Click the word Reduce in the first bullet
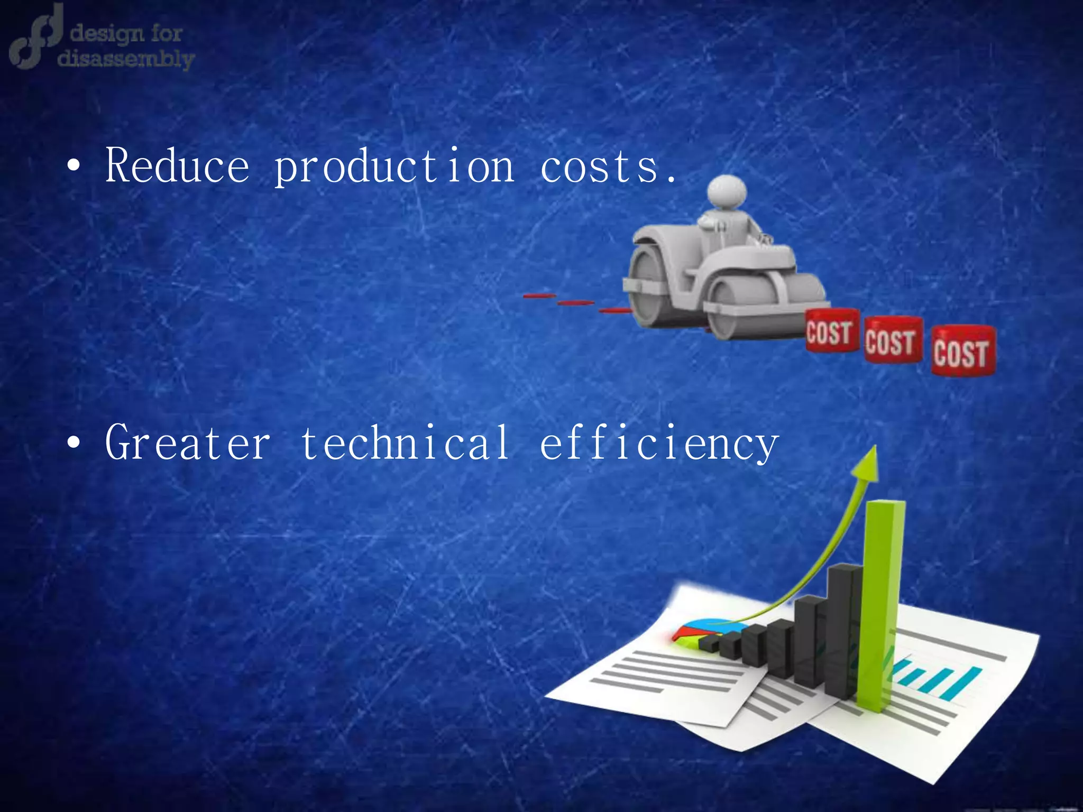pyautogui.click(x=177, y=165)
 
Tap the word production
pyautogui.click(x=394, y=167)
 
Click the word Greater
pyautogui.click(x=188, y=442)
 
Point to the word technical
pyautogui.click(x=405, y=442)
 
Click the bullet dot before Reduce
pyautogui.click(x=74, y=167)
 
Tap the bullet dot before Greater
pyautogui.click(x=74, y=442)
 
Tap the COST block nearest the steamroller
pyautogui.click(x=831, y=331)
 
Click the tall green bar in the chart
pyautogui.click(x=880, y=603)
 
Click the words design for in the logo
pyautogui.click(x=126, y=34)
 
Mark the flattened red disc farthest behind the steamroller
pyautogui.click(x=539, y=296)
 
